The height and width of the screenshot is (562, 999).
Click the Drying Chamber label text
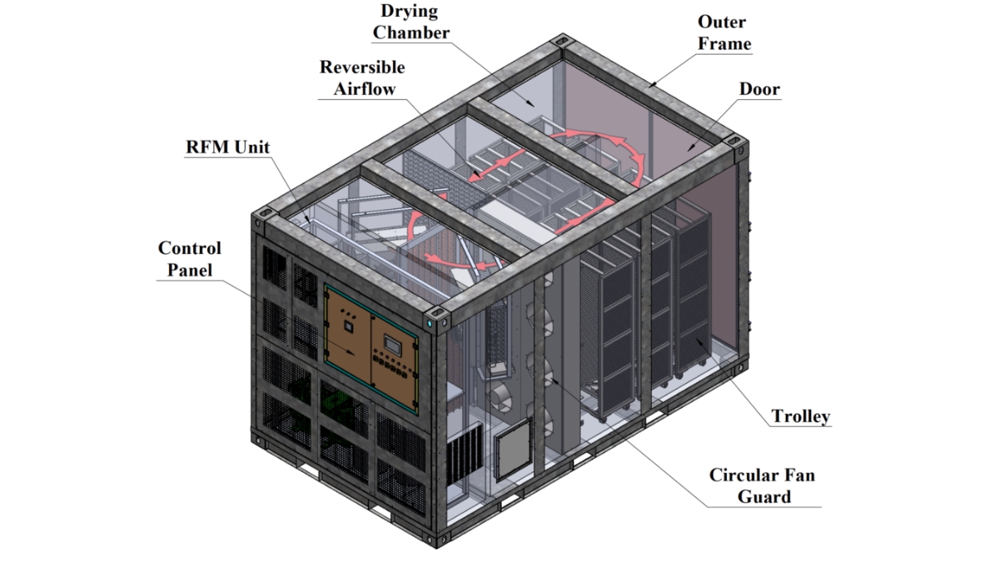pos(410,22)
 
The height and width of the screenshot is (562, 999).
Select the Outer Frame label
pos(723,32)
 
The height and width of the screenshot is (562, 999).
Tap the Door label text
pos(759,89)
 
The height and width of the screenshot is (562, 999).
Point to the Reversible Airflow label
pos(363,77)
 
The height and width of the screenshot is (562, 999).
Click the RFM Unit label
pos(227,147)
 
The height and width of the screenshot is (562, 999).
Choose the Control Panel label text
pos(190,259)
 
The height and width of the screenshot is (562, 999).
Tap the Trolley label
pos(801,416)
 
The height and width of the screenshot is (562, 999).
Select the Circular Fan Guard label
pos(763,485)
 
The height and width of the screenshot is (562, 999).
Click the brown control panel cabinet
pos(371,349)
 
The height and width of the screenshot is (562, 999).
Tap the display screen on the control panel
pos(392,346)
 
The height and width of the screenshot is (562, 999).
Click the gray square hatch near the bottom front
pos(514,449)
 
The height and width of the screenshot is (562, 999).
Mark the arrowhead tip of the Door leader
pos(688,152)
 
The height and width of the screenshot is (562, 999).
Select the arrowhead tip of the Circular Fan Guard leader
pos(552,378)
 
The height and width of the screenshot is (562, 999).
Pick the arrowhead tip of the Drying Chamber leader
pos(534,107)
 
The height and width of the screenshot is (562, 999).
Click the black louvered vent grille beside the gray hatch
pos(465,455)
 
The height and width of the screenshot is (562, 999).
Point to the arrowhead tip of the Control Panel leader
pos(355,354)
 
